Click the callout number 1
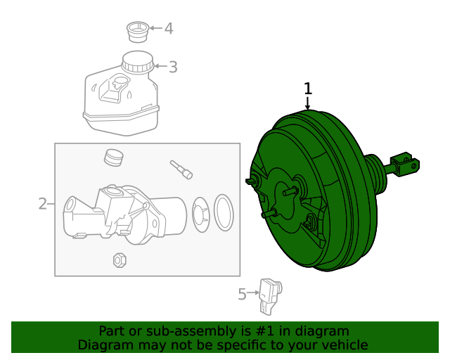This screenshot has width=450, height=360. pos(307,89)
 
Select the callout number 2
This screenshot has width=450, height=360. pos(42,204)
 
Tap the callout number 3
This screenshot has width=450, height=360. pos(173,67)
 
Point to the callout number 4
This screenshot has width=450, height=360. pos(168,29)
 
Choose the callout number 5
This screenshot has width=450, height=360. pos(242,294)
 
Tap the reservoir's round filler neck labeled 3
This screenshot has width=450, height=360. pos(137,63)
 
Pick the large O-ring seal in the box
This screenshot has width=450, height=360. pos(223,212)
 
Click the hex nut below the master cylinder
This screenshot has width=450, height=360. pos(119,259)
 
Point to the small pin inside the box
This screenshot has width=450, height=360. pos(181,169)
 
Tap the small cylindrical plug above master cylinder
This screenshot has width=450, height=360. pos(112,157)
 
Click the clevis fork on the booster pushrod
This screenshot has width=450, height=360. pos(404,165)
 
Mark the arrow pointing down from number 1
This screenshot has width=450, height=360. pos(307,103)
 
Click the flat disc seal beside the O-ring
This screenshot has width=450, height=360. pos(199,213)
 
